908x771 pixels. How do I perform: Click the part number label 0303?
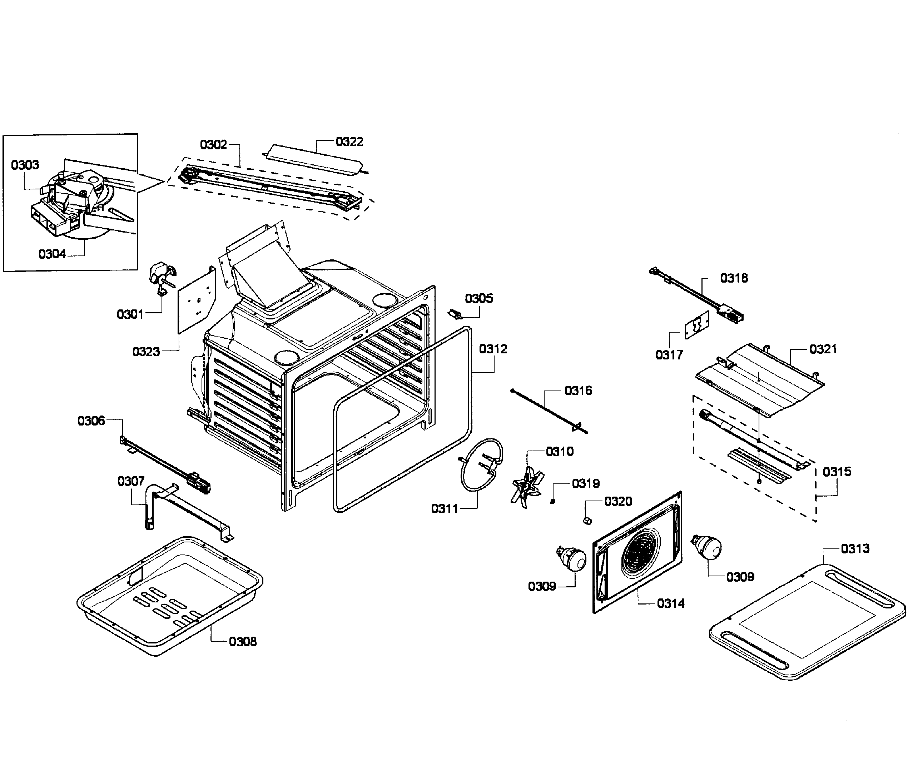(25, 165)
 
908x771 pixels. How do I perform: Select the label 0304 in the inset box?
(52, 254)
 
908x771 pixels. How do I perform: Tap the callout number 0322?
(349, 141)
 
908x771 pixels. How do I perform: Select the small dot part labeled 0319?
(552, 501)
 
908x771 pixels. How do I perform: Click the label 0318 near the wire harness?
(734, 278)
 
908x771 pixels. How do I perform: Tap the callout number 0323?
(146, 352)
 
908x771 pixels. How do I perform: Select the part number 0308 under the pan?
(243, 642)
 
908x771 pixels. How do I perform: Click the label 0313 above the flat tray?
(855, 548)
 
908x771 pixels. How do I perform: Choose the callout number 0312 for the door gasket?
(493, 349)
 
